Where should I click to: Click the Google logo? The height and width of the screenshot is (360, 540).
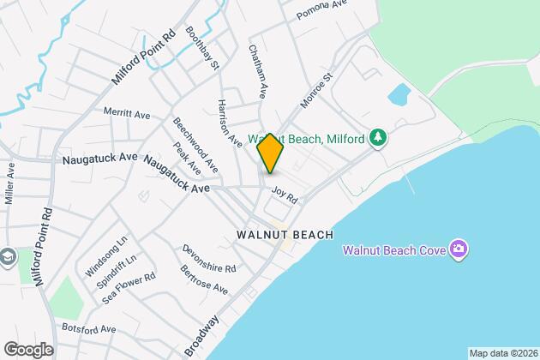click(28, 349)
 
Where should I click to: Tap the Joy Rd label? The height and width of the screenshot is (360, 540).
click(284, 196)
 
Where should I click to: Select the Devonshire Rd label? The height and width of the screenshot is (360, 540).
click(208, 257)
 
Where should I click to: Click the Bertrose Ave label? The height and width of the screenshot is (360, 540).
click(204, 278)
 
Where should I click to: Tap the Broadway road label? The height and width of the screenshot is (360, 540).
click(201, 335)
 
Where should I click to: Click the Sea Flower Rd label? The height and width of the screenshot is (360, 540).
click(129, 287)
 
